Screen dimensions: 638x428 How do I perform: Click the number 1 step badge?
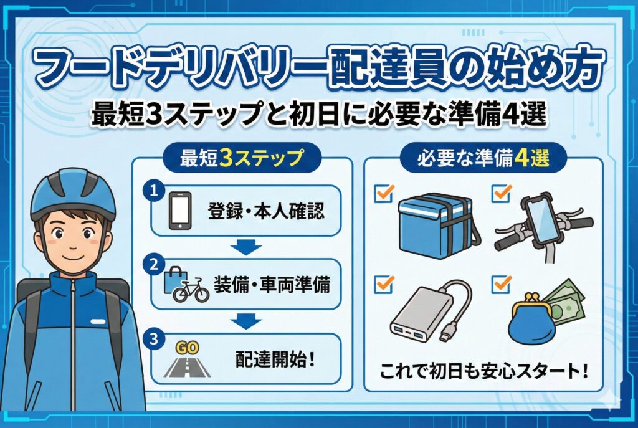(x=154, y=191)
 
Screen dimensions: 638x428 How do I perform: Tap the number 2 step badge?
(x=154, y=265)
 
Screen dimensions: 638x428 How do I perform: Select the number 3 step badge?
(x=154, y=339)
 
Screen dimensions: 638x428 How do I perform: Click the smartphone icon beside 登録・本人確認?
(x=180, y=211)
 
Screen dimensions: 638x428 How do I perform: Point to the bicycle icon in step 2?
(x=191, y=290)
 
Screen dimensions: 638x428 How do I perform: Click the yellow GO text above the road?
(x=187, y=348)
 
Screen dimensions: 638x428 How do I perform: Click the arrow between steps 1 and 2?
(x=245, y=247)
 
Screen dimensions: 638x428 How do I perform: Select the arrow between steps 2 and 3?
(x=245, y=321)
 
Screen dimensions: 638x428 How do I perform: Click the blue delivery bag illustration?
(x=437, y=225)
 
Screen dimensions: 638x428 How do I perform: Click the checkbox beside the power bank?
(x=384, y=284)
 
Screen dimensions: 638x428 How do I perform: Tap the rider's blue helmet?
(x=73, y=194)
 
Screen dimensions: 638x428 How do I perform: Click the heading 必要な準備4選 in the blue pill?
(x=483, y=158)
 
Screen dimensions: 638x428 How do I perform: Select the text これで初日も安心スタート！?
(x=483, y=371)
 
